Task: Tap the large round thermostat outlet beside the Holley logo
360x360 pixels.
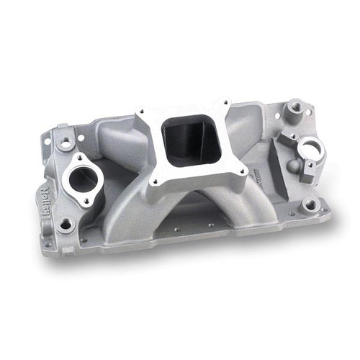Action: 85,179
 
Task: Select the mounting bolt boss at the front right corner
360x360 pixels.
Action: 310,205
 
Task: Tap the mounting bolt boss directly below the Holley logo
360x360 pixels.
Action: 66,225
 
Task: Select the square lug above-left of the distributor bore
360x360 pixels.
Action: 288,135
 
